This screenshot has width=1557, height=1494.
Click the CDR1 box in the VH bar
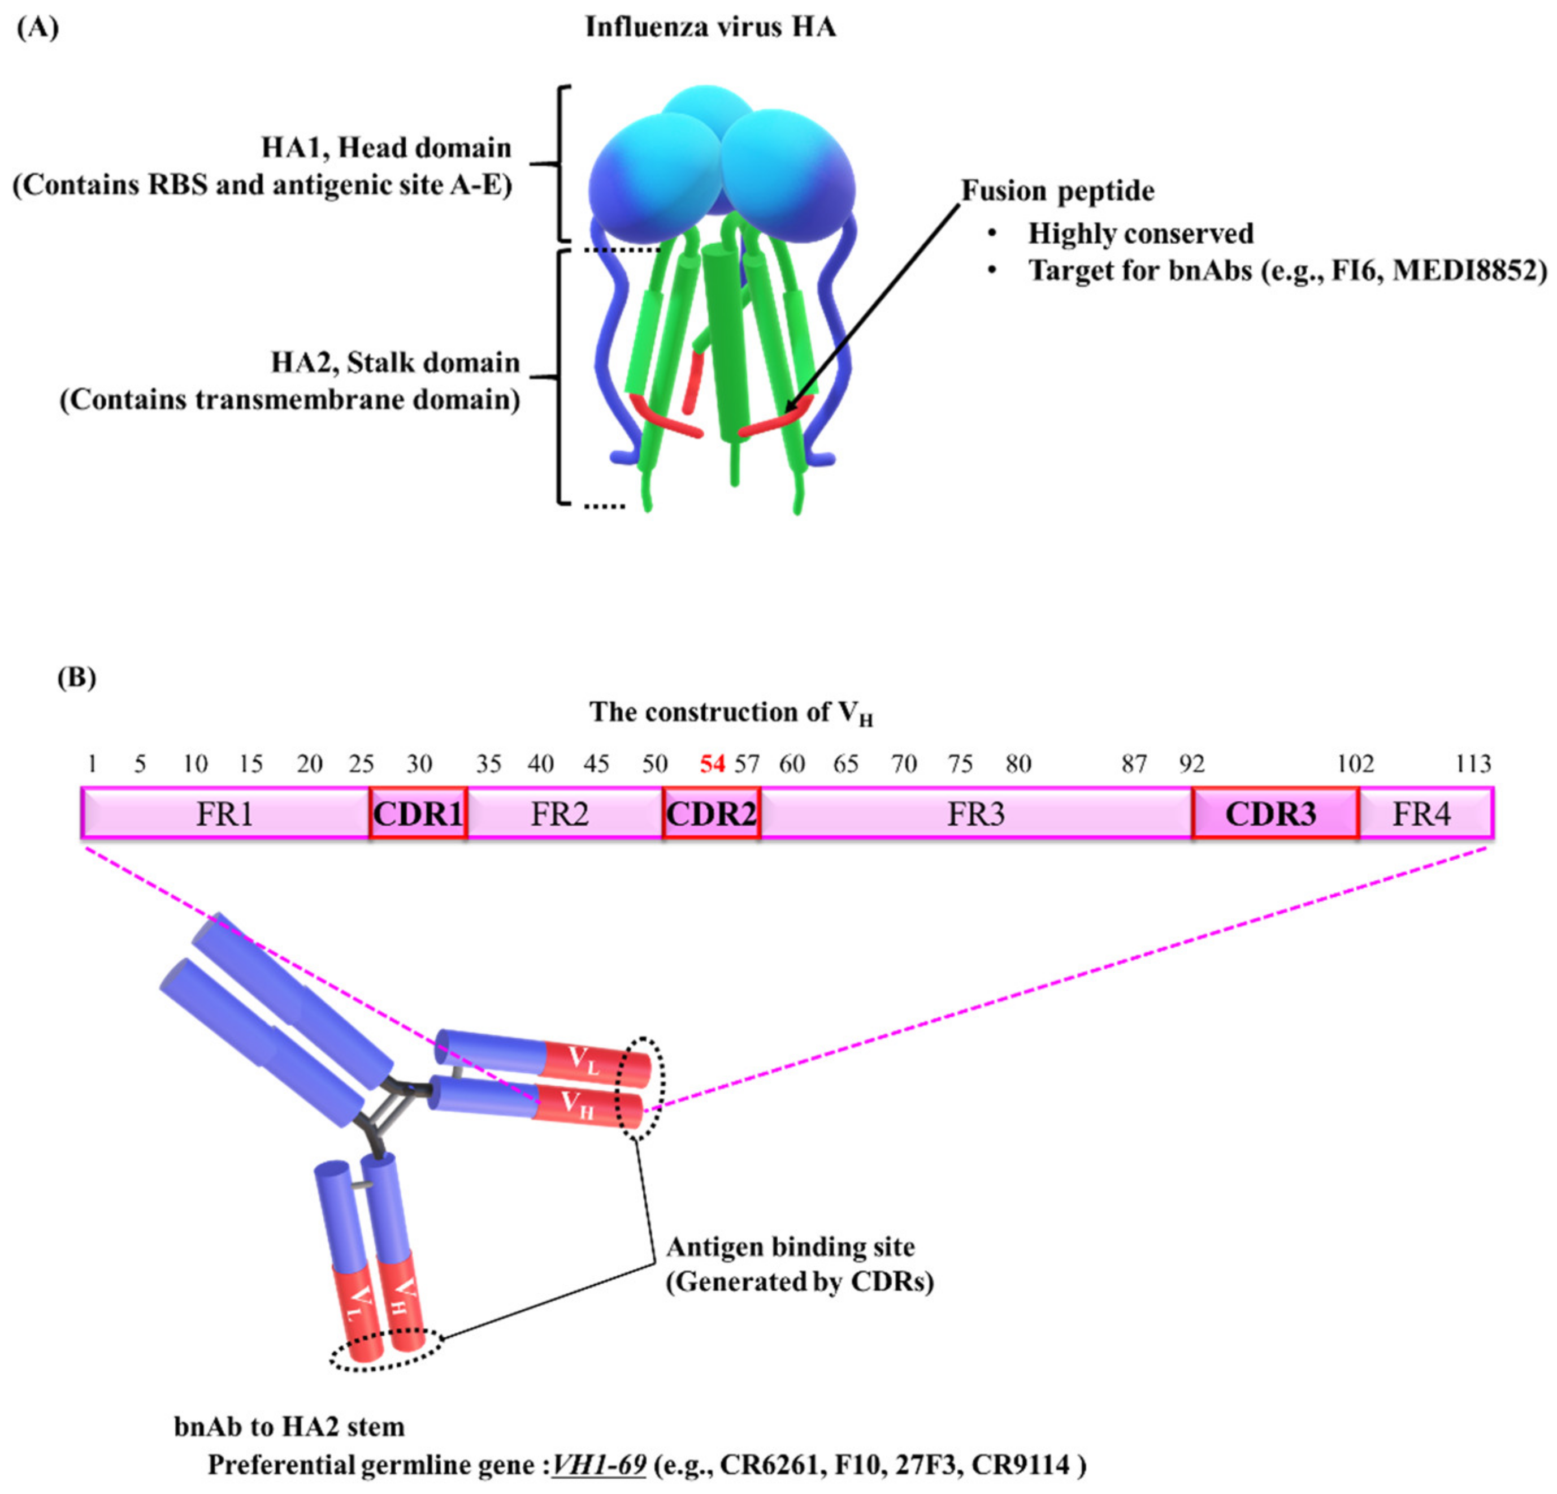[418, 814]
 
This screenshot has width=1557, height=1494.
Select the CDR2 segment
[711, 814]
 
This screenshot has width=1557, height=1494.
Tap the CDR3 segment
[1274, 814]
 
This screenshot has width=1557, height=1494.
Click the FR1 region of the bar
[225, 814]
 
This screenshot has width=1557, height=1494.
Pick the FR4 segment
[1425, 814]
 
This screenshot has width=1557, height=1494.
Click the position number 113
[1473, 765]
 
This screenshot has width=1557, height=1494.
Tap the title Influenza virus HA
[710, 28]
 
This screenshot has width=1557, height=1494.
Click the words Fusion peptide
[1057, 192]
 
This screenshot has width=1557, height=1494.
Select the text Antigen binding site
[791, 1247]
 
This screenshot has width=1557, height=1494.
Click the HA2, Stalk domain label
[395, 363]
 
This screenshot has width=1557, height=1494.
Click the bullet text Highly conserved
[1140, 234]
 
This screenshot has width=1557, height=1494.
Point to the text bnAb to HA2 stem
[289, 1427]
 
